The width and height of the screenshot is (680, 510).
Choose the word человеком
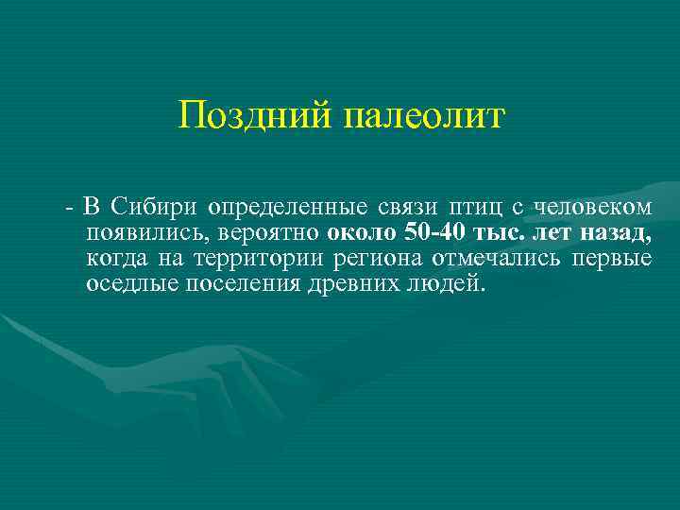593,206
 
